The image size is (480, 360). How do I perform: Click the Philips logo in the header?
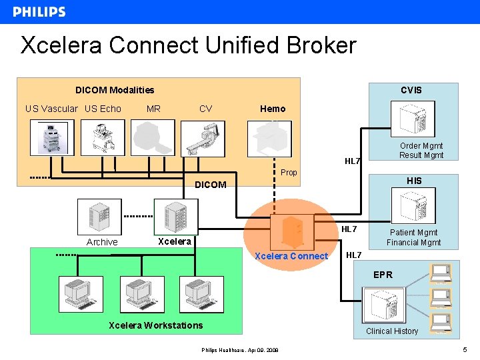click(x=39, y=12)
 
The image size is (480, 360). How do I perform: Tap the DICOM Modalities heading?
click(x=115, y=90)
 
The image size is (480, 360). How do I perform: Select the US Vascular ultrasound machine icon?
click(x=52, y=138)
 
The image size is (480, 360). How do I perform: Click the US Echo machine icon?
click(x=103, y=138)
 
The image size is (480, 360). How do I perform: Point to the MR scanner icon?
click(x=153, y=138)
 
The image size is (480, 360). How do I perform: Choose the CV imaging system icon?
click(x=204, y=138)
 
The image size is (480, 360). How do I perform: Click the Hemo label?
click(x=273, y=109)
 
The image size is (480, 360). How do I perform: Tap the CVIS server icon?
click(x=417, y=121)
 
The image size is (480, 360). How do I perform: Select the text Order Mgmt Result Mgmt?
click(x=421, y=151)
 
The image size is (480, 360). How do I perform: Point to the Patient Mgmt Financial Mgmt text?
click(x=413, y=237)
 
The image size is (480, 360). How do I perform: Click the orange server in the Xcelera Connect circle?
click(x=291, y=231)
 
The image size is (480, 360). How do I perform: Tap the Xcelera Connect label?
click(x=291, y=256)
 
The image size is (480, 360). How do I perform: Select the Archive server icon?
click(x=99, y=217)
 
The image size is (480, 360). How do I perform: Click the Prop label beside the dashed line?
click(x=289, y=173)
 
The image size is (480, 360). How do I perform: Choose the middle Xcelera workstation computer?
click(x=141, y=294)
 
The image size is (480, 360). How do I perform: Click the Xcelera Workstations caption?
click(x=155, y=325)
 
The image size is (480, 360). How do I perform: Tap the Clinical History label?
click(x=392, y=331)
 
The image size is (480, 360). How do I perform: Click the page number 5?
click(x=465, y=351)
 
